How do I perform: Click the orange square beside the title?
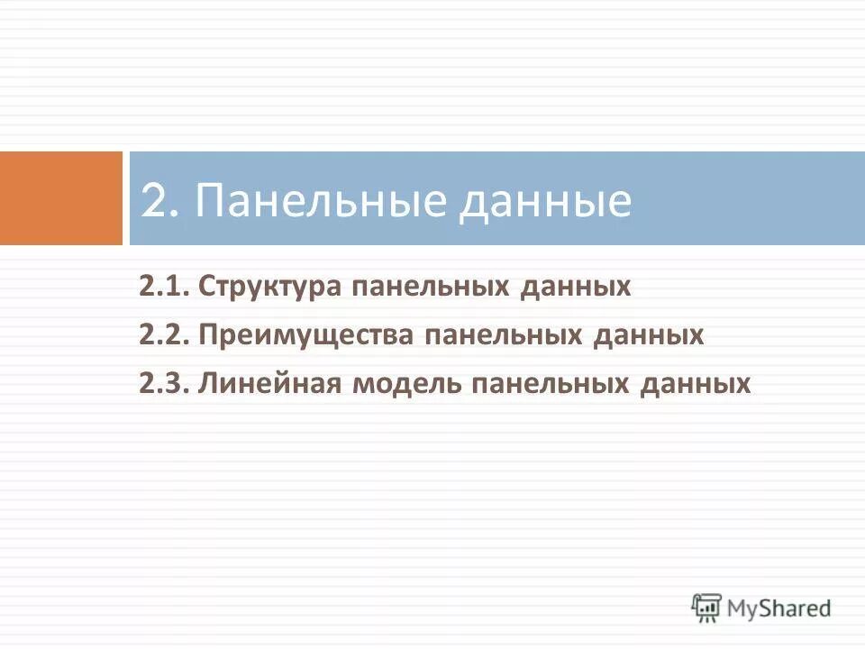[x=60, y=198]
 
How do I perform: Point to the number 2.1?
[x=163, y=288]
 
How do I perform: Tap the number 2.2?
[x=164, y=335]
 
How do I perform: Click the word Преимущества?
[x=306, y=336]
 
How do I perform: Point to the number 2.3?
[x=164, y=384]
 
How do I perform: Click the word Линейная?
[x=269, y=384]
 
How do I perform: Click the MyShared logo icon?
[x=707, y=608]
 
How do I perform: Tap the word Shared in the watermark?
[x=796, y=608]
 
